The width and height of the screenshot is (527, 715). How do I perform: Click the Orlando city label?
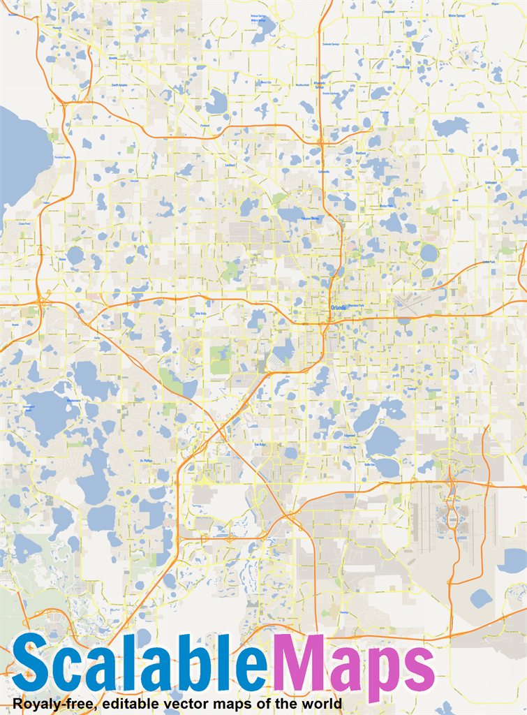[339, 307]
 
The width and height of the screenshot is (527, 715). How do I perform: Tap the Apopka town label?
[113, 59]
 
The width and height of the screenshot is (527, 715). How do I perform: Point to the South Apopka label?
[119, 84]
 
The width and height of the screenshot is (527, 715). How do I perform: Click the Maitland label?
[360, 153]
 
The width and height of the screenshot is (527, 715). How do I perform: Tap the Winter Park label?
[386, 206]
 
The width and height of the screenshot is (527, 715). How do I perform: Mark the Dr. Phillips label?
[146, 461]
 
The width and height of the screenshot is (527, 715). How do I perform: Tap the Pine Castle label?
[350, 447]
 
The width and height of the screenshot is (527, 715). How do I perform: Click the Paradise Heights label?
[62, 157]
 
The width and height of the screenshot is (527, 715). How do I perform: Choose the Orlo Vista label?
[201, 314]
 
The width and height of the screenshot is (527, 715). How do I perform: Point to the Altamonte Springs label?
[319, 84]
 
